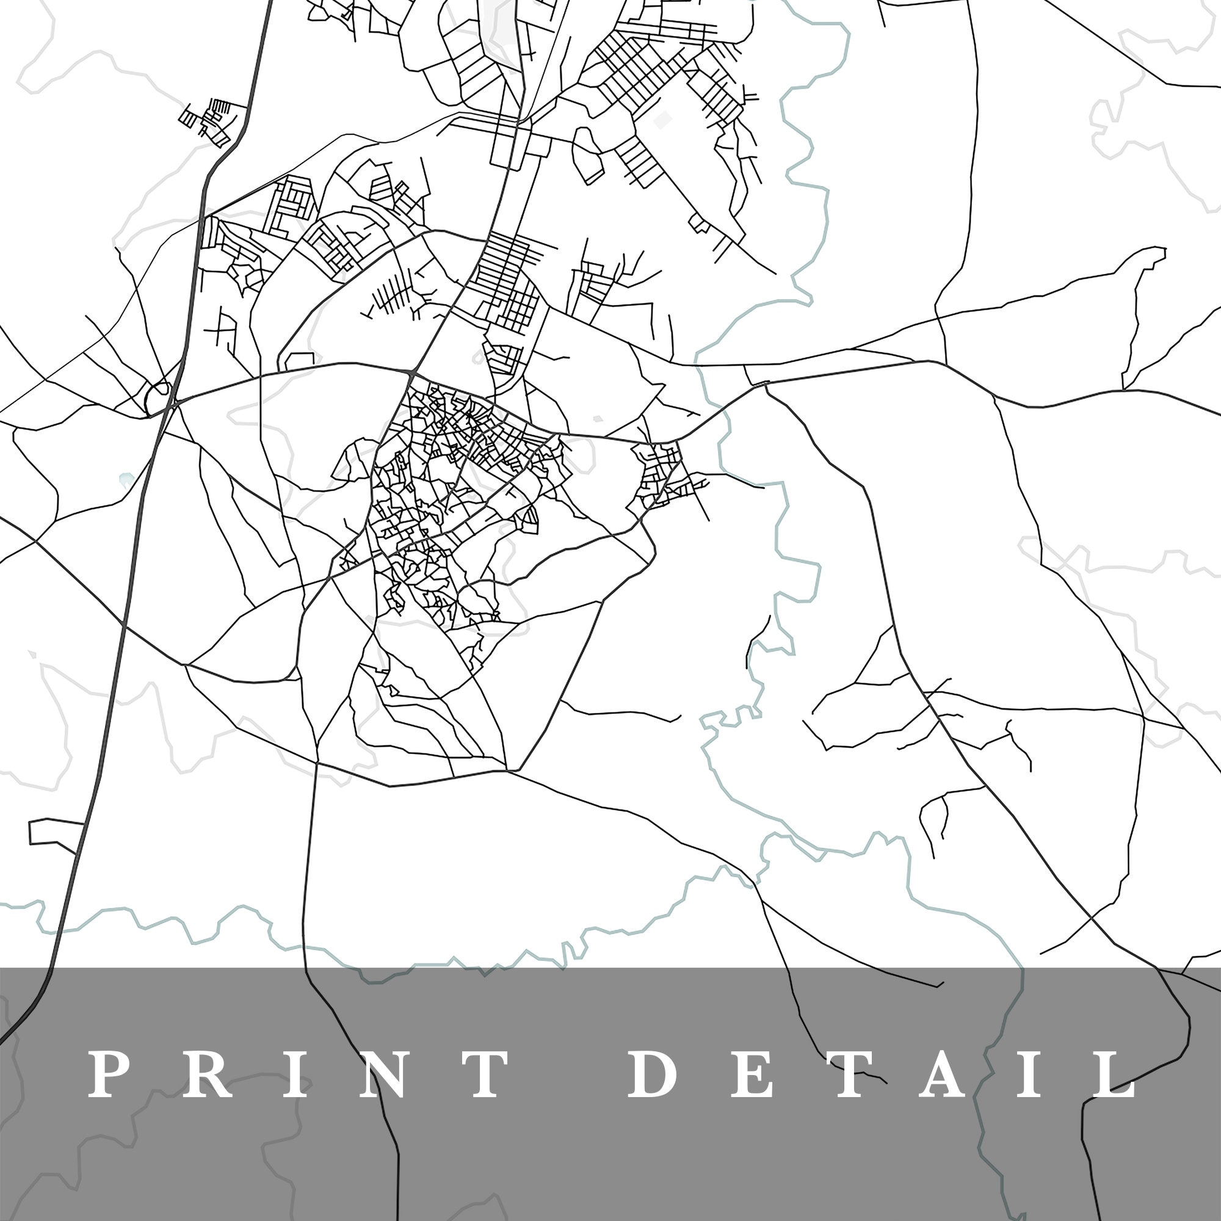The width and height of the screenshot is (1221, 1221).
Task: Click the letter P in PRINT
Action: (105, 1074)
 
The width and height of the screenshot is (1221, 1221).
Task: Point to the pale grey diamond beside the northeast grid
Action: (662, 120)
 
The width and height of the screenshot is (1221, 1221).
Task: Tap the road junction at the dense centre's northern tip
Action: (412, 374)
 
